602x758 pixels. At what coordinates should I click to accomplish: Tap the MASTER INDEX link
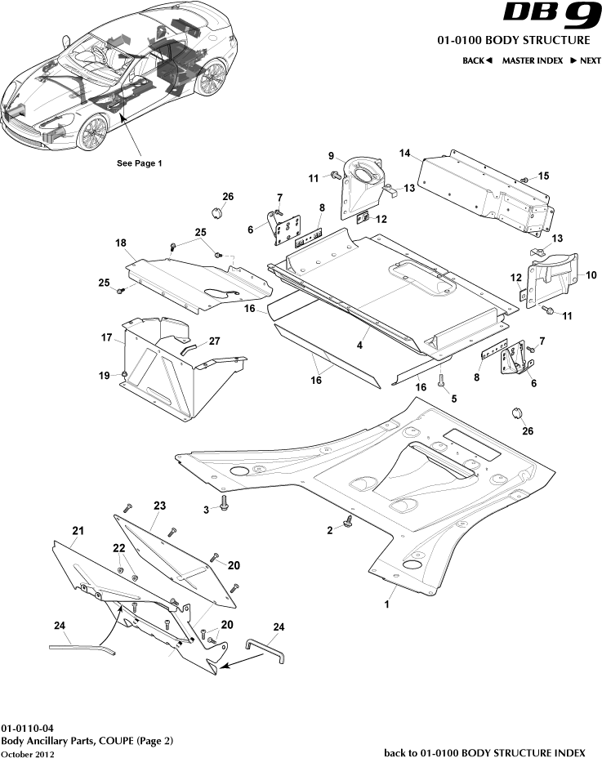(x=532, y=60)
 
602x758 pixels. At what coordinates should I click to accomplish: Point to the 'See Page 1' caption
(x=140, y=163)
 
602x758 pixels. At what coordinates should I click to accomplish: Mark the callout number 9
(x=331, y=156)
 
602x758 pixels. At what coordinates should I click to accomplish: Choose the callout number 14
(x=404, y=153)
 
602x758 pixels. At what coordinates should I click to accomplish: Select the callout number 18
(x=120, y=243)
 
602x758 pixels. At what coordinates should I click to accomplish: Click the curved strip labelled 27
(x=189, y=349)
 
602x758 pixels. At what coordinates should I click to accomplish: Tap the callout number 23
(x=158, y=506)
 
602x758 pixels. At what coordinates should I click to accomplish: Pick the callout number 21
(x=78, y=531)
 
